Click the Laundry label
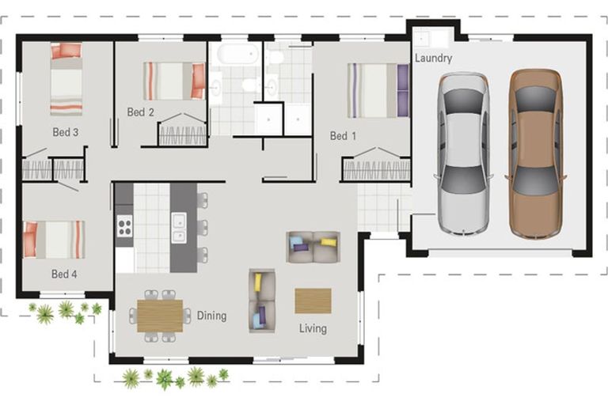(434, 58)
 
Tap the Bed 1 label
(343, 135)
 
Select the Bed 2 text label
(140, 112)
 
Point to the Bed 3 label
(66, 132)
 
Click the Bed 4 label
(64, 274)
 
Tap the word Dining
(211, 316)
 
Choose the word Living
(313, 328)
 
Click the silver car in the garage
(463, 154)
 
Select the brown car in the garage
(536, 153)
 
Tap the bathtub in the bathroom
(237, 54)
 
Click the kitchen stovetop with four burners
(124, 226)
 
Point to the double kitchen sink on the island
(179, 228)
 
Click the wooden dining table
(160, 316)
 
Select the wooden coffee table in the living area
(313, 301)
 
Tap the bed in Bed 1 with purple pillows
(378, 91)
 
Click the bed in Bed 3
(66, 79)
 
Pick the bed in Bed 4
(54, 240)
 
